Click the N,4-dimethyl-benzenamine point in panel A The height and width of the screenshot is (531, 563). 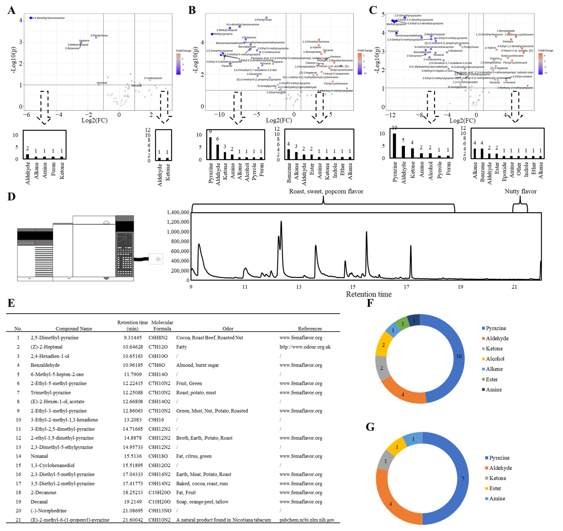[x=31, y=18]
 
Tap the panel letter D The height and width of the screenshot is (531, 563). [x=11, y=196]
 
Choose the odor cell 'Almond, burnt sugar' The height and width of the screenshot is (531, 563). [x=197, y=365]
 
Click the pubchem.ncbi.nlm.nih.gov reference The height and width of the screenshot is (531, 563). [x=307, y=520]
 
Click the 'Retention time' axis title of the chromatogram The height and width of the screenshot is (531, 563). [x=368, y=294]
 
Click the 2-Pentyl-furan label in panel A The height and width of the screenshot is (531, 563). [x=99, y=35]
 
